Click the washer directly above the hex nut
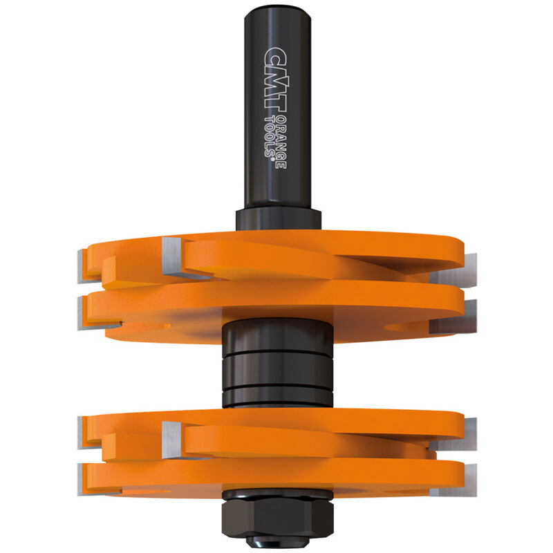(276, 494)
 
